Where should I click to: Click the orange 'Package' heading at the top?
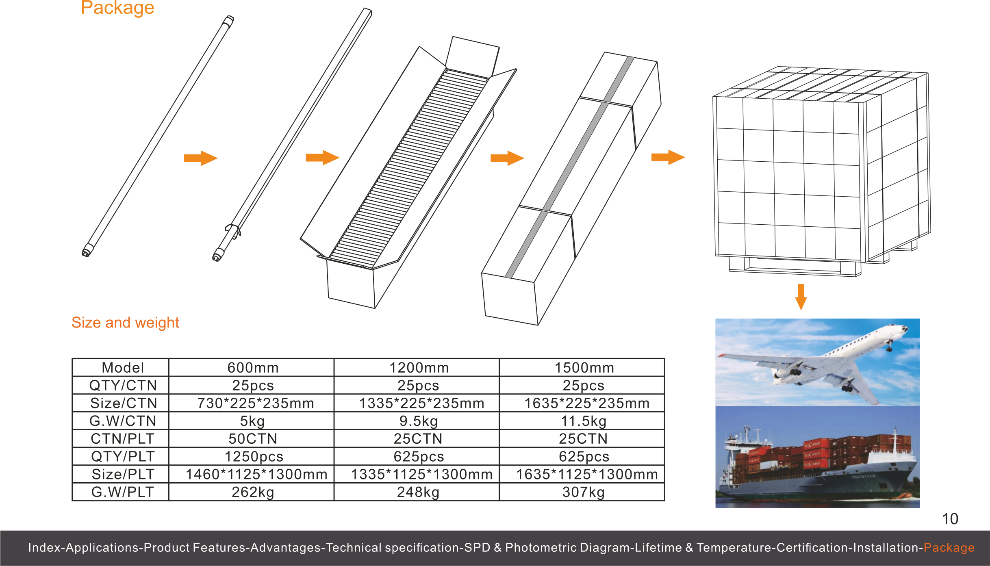tap(117, 8)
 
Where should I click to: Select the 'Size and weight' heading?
tap(125, 322)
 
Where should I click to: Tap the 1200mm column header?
tap(419, 368)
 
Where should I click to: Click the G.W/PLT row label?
tap(122, 492)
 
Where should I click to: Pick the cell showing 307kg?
tap(583, 492)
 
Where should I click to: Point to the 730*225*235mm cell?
tap(255, 403)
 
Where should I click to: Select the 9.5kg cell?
tap(419, 421)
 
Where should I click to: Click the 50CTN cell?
tap(252, 439)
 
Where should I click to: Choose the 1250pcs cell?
tap(254, 457)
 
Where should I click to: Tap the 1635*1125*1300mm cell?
tap(586, 474)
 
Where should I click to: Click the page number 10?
tap(950, 519)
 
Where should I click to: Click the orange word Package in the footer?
tap(949, 547)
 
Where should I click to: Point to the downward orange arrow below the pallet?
tap(801, 297)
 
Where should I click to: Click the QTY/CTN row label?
tap(122, 385)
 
